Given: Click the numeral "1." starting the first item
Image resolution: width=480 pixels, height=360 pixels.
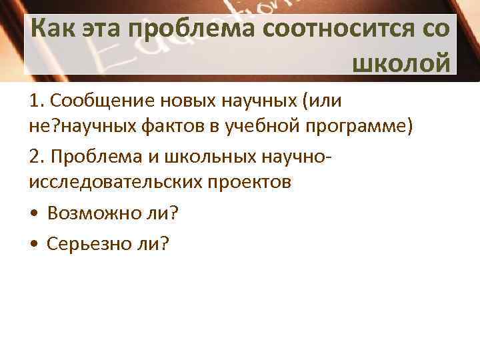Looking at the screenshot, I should [37, 101].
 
